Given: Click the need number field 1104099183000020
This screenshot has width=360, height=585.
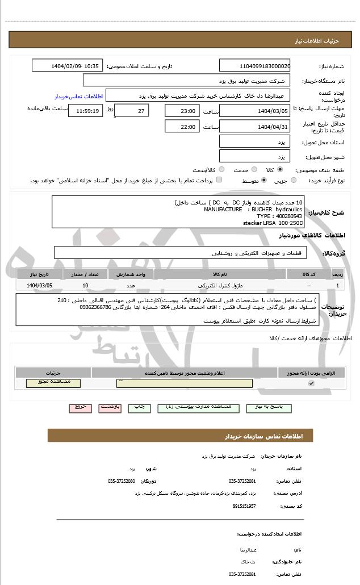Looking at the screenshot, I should point(254,66).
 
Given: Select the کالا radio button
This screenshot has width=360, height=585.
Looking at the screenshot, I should point(279,169).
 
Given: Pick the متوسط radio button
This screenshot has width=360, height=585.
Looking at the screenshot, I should point(263,181).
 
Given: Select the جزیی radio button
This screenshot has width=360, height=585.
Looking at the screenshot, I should point(293,181).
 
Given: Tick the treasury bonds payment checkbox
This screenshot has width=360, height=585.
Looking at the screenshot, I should point(219,180).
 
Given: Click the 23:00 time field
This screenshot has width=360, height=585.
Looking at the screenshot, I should point(182,111).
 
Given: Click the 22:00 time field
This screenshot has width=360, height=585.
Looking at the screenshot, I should point(182,127).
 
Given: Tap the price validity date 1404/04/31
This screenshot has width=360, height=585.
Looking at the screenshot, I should point(254,127).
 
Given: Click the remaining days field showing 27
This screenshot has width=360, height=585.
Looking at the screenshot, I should point(132,111).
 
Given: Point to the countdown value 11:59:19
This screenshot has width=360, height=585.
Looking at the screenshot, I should point(85,111).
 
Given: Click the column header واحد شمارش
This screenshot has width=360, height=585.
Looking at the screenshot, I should point(131,274).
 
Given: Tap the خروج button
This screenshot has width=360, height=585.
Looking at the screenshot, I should point(79,407).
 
